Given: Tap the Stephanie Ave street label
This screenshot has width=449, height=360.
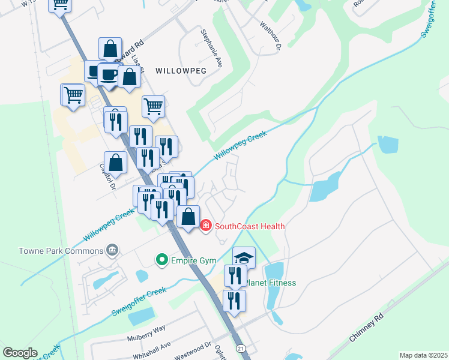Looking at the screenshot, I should tap(211, 47).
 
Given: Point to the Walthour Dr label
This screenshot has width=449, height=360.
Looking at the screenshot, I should tap(270, 34).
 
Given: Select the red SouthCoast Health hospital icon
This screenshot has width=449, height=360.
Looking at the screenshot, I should tap(206, 226).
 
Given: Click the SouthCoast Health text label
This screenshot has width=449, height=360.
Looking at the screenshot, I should tap(250, 226).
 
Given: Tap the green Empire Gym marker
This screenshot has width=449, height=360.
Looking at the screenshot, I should tap(161, 260).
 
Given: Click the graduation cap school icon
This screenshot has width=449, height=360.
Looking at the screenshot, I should tap(244, 257).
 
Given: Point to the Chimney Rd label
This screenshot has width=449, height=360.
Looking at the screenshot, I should tap(366, 329).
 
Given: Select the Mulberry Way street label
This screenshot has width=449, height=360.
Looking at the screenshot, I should tap(146, 332).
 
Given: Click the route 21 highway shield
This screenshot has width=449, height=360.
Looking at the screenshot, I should tap(241, 348).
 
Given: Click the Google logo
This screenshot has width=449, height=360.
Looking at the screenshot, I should tap(20, 353).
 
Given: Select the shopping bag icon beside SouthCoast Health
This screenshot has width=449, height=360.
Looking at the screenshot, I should tap(188, 217).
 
